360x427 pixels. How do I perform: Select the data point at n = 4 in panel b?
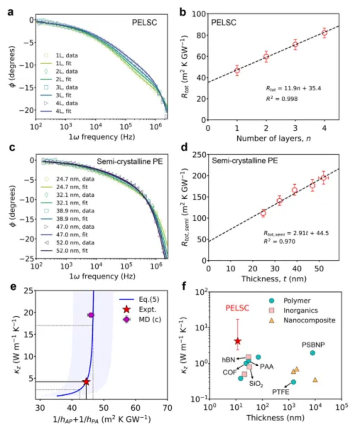click(x=324, y=33)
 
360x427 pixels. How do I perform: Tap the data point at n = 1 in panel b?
click(x=237, y=70)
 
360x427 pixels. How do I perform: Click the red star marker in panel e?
click(x=86, y=382)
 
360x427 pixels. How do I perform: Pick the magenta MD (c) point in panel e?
click(x=91, y=315)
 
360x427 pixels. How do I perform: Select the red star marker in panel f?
click(x=238, y=341)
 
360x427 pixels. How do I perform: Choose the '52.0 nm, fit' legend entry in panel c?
click(x=70, y=251)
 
